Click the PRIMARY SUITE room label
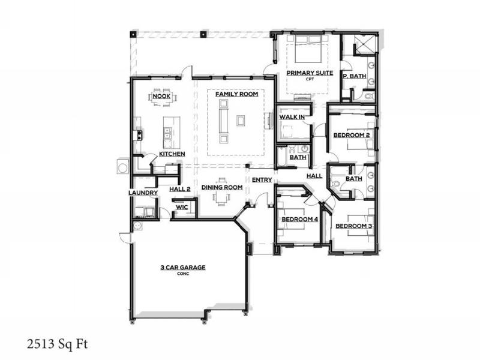pos(310,73)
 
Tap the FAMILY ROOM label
pos(236,94)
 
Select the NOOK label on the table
pos(161,96)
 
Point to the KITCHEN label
pos(172,154)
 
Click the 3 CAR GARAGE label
pos(183,267)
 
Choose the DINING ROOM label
pos(222,187)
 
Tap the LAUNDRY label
pos(143,193)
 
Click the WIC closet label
pos(182,207)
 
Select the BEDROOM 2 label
pos(352,135)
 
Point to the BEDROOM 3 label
pos(354,226)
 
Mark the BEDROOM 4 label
pos(299,219)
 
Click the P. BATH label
pos(355,76)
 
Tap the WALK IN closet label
pos(292,117)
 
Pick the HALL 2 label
pos(180,189)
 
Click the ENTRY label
pos(262,180)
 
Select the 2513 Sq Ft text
pos(57,344)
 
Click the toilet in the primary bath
pos(370,96)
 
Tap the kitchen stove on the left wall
pos(137,135)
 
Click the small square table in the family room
pos(241,121)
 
